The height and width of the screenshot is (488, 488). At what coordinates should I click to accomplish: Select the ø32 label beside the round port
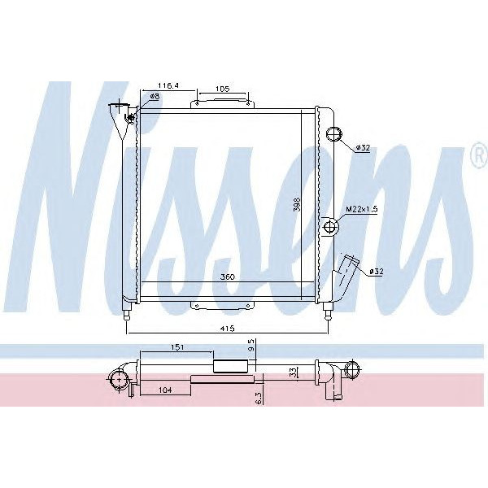click(x=363, y=147)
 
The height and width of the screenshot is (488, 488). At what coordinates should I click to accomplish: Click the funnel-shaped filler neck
click(x=120, y=115)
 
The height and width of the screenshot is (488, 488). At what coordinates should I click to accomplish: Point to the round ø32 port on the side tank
click(x=333, y=136)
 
